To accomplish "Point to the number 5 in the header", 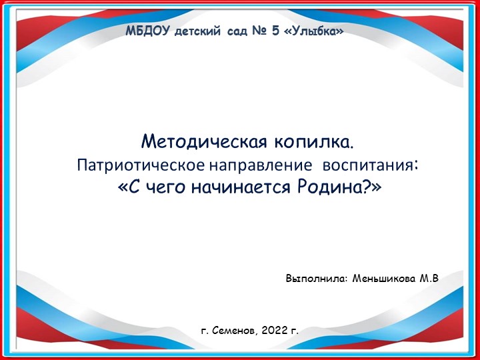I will (x=275, y=31).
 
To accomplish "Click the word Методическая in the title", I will (x=193, y=142).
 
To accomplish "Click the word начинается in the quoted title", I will (x=246, y=187).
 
